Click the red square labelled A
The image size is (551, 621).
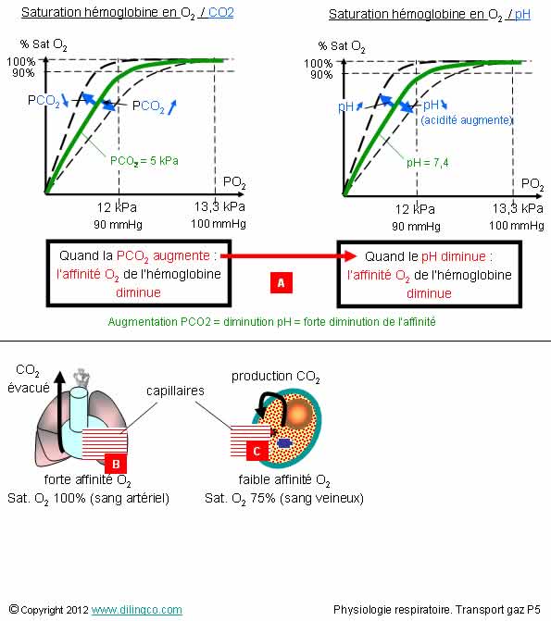[281, 283]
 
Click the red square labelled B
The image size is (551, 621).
[116, 464]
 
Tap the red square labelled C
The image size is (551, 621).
[257, 451]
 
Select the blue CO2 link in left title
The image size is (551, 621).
[220, 13]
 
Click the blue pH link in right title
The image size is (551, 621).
[522, 15]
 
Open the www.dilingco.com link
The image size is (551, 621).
[137, 610]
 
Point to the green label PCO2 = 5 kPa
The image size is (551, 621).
[144, 161]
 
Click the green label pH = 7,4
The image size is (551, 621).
[427, 162]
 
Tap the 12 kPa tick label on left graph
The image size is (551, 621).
[117, 207]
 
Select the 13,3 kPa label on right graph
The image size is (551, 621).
[518, 208]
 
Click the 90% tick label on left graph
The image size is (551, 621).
[23, 73]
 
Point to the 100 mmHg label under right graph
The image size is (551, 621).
[517, 226]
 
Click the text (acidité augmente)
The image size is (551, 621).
[467, 120]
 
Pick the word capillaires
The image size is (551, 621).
[175, 391]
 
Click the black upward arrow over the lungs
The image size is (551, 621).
[60, 412]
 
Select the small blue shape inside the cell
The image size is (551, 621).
[284, 442]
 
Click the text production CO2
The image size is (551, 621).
[276, 377]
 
